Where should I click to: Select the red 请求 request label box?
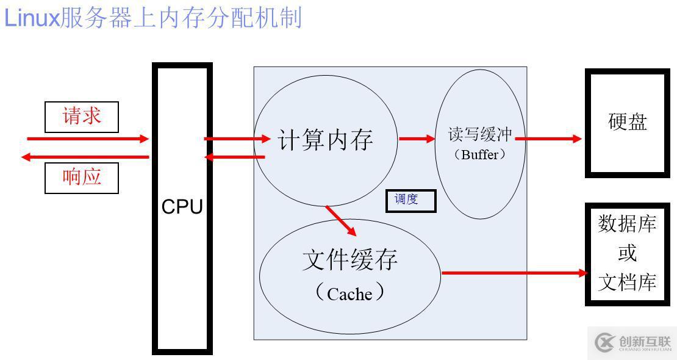pos(81,117)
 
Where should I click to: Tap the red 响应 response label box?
pos(81,178)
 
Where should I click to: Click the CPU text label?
pos(182,207)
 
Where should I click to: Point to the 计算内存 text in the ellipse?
pos(325,140)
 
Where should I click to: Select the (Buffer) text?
pos(480,154)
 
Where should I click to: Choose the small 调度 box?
pos(410,201)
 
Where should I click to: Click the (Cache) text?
pos(349,293)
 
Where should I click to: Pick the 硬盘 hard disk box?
pos(628,122)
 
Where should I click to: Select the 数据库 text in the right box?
pos(628,224)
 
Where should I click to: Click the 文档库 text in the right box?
pos(628,283)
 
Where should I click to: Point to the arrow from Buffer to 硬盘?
pos(549,139)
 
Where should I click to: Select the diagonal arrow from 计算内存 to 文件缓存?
pos(341,221)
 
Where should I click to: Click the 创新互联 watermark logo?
pos(632,343)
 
